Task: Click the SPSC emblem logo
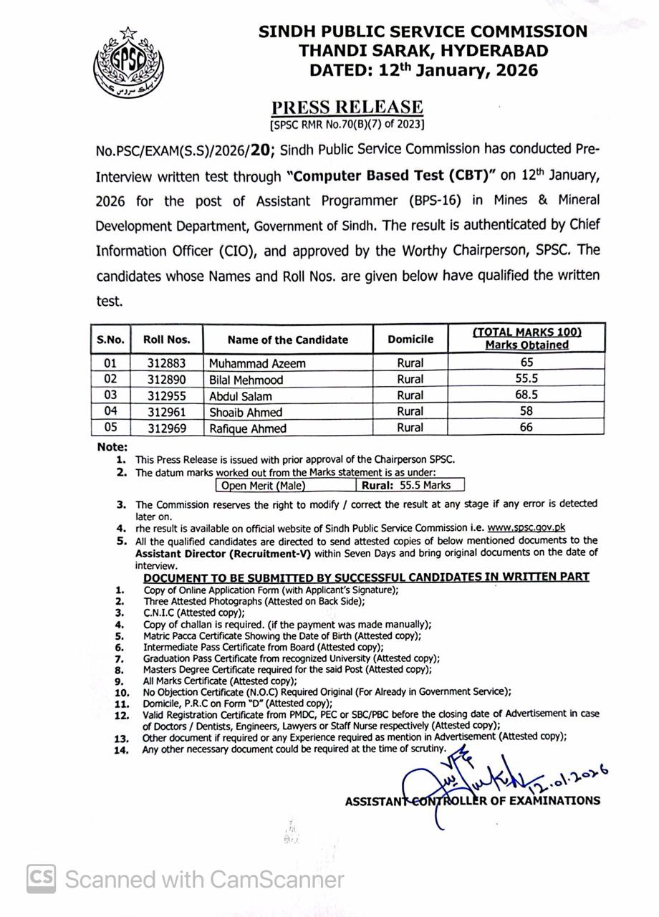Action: click(129, 64)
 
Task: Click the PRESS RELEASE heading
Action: click(347, 107)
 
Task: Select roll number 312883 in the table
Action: click(166, 363)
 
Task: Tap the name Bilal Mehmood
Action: click(246, 380)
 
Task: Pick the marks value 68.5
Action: click(526, 395)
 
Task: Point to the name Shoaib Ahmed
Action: click(245, 412)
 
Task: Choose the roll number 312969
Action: click(166, 428)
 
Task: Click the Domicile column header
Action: click(410, 340)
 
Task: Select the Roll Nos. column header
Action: click(166, 340)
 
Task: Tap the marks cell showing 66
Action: click(526, 427)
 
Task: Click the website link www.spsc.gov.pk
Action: click(526, 527)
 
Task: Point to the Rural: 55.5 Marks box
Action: click(409, 485)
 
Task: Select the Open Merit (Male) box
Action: click(263, 486)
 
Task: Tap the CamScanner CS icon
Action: click(42, 879)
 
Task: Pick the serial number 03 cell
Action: click(110, 395)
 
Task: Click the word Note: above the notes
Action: click(112, 447)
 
